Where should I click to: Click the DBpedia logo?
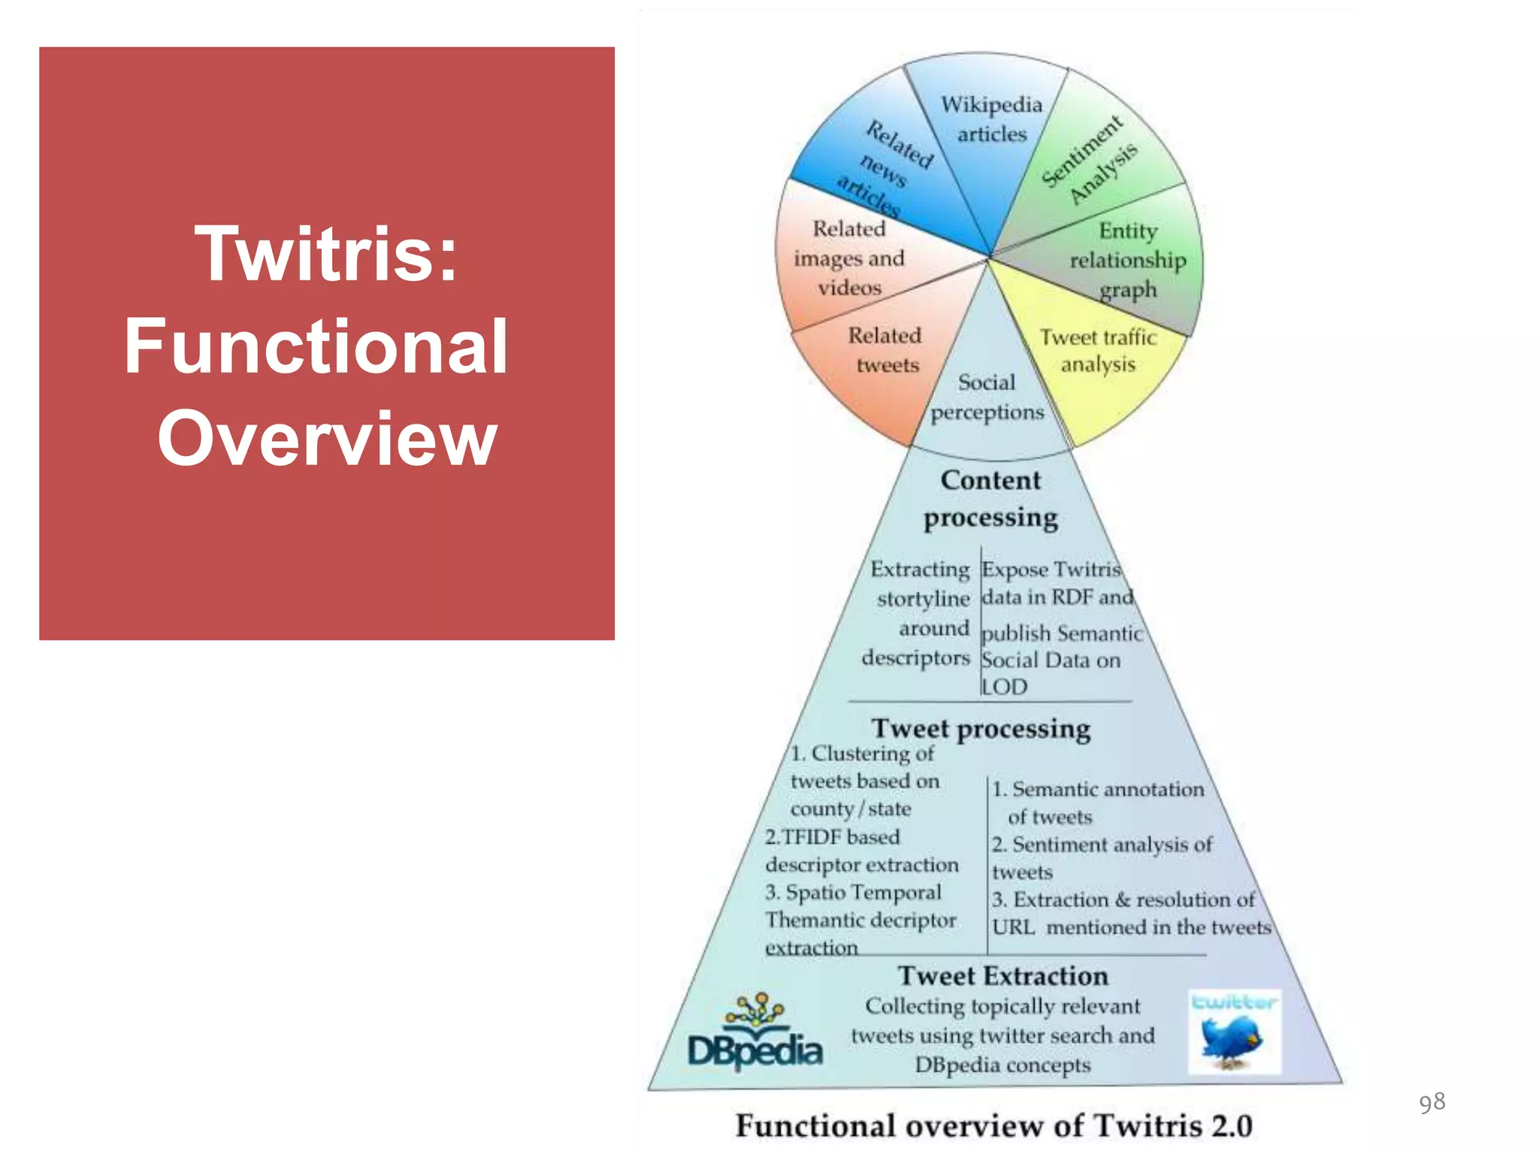coord(755,1033)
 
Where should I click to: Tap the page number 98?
coord(1432,1102)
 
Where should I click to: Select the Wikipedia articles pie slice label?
coord(991,119)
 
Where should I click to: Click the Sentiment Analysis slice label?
coord(1090,160)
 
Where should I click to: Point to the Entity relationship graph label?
coord(1127,259)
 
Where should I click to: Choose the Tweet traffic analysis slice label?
coord(1098,350)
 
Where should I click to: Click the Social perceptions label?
coord(987,397)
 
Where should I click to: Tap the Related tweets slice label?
coord(886,349)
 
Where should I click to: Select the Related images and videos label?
coord(849,258)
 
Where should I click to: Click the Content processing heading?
coord(990,498)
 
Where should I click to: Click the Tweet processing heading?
coord(981,728)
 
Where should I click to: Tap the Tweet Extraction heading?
coord(1002,975)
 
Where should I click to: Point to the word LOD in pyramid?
coord(1005,687)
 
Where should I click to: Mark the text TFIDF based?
coord(833,837)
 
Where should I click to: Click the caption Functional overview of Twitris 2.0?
coord(993,1125)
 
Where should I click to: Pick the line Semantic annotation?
coord(1098,789)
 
